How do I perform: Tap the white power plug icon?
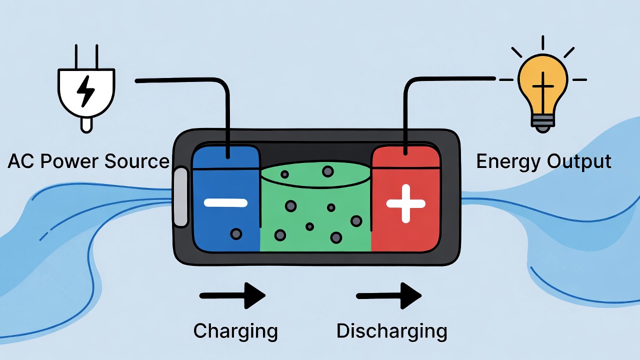click(x=85, y=92)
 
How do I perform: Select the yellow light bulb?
click(x=542, y=82)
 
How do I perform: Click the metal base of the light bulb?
click(x=542, y=121)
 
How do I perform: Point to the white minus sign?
click(x=225, y=202)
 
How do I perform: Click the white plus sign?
click(x=405, y=203)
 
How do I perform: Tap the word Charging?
click(x=235, y=331)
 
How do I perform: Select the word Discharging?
click(x=391, y=331)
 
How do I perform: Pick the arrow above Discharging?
click(x=388, y=295)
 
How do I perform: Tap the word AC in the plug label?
click(x=21, y=161)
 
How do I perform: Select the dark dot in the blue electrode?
click(x=235, y=233)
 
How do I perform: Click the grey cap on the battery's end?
click(x=180, y=197)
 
